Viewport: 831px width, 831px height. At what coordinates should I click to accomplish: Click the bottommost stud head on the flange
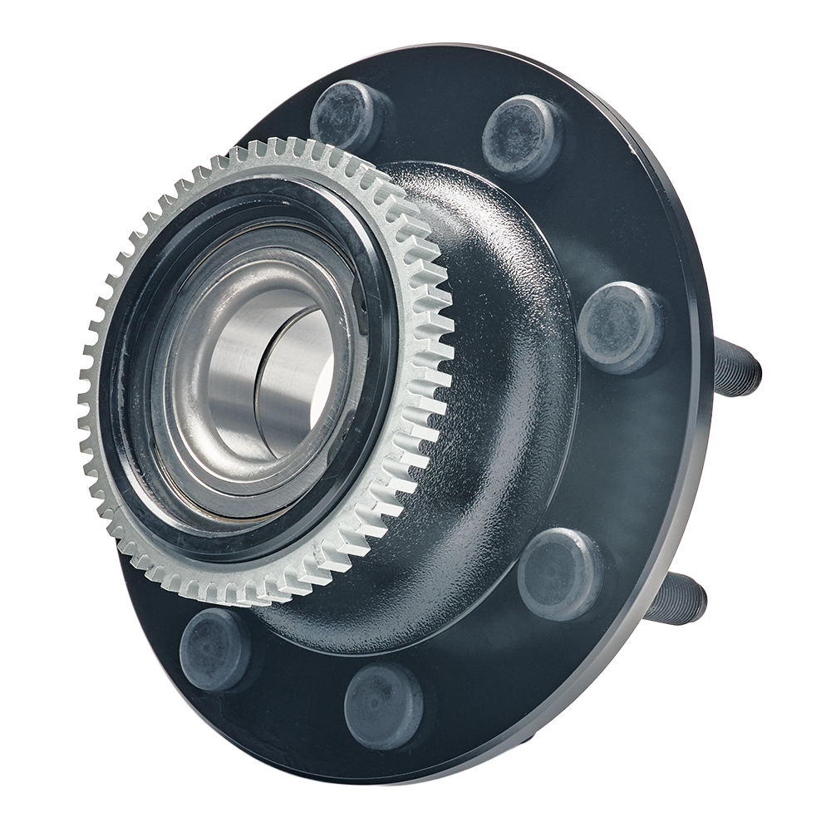(383, 706)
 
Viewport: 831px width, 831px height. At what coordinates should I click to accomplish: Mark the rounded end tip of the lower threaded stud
(701, 599)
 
